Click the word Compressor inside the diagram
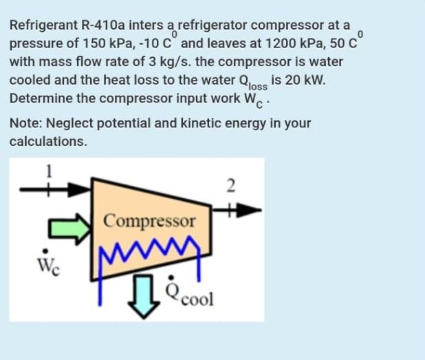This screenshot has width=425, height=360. pyautogui.click(x=149, y=222)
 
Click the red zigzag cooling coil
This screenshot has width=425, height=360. pyautogui.click(x=150, y=246)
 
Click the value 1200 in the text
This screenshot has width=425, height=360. pyautogui.click(x=278, y=43)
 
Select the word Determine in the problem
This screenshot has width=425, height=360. pyautogui.click(x=41, y=98)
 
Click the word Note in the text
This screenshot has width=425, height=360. pyautogui.click(x=25, y=124)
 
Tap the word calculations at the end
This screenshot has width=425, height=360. pyautogui.click(x=48, y=142)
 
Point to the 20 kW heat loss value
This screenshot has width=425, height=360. pyautogui.click(x=298, y=79)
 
